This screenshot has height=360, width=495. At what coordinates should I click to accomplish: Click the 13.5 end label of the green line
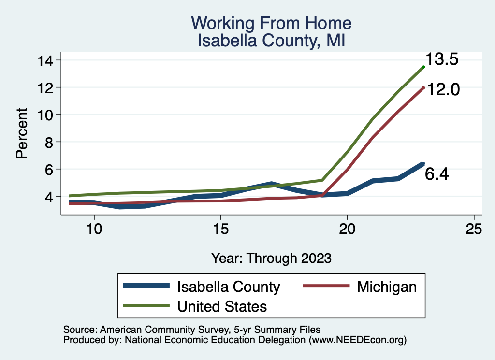[442, 59]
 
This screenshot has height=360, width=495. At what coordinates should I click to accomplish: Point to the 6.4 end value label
[437, 174]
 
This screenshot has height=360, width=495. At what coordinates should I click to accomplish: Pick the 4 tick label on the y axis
[50, 197]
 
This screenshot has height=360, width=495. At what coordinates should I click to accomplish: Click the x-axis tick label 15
[220, 229]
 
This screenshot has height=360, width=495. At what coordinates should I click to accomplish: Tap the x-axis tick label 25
[474, 229]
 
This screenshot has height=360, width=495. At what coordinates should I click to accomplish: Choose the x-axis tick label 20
[347, 229]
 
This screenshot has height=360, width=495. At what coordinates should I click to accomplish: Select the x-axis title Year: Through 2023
[271, 258]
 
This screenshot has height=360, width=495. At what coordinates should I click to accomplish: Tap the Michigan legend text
[387, 287]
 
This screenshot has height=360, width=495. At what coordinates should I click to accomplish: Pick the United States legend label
[222, 306]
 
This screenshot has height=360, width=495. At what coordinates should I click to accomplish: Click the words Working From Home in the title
[271, 23]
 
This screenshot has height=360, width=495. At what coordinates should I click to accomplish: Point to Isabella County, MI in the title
[271, 40]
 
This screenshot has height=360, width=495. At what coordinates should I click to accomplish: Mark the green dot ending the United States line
[423, 67]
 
